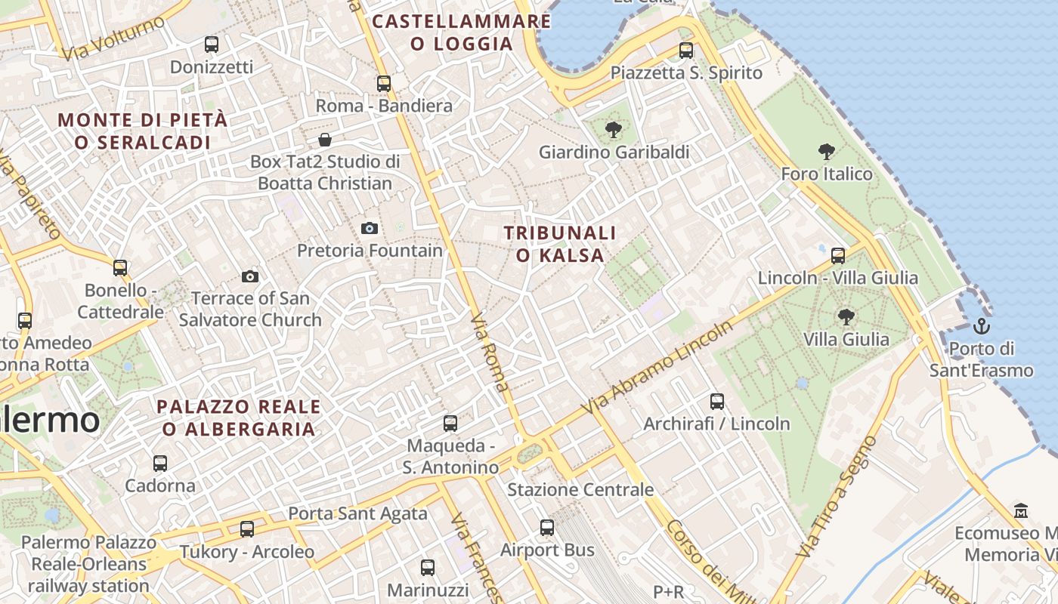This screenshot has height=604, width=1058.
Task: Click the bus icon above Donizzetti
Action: pyautogui.click(x=212, y=45)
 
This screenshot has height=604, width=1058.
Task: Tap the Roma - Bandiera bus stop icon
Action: pyautogui.click(x=384, y=84)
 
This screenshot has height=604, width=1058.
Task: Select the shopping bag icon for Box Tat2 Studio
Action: pyautogui.click(x=325, y=140)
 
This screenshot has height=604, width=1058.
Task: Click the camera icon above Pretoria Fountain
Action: pyautogui.click(x=370, y=228)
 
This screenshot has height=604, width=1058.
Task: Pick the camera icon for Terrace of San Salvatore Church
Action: pyautogui.click(x=250, y=276)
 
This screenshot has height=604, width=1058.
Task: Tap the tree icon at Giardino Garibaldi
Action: pyautogui.click(x=614, y=130)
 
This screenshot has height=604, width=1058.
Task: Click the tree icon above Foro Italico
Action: pyautogui.click(x=827, y=152)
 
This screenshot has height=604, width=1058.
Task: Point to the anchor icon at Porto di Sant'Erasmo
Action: pyautogui.click(x=981, y=326)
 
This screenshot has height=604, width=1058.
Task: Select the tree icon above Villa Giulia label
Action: pyautogui.click(x=846, y=317)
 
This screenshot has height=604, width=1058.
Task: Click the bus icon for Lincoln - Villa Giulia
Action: pyautogui.click(x=838, y=255)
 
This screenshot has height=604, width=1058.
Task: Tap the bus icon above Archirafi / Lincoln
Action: pyautogui.click(x=717, y=402)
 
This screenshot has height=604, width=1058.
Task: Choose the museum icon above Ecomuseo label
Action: pyautogui.click(x=1021, y=510)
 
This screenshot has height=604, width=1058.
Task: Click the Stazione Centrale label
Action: pyautogui.click(x=580, y=489)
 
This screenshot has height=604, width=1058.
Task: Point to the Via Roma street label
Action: pyautogui.click(x=490, y=352)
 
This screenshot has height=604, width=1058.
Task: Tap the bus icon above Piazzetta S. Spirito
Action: pyautogui.click(x=686, y=51)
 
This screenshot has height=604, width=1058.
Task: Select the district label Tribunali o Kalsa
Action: pyautogui.click(x=560, y=244)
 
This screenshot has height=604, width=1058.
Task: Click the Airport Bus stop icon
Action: pyautogui.click(x=547, y=528)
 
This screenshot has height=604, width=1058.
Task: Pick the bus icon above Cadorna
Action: pyautogui.click(x=160, y=464)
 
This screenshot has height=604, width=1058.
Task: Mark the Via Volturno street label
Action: pyautogui.click(x=113, y=39)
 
